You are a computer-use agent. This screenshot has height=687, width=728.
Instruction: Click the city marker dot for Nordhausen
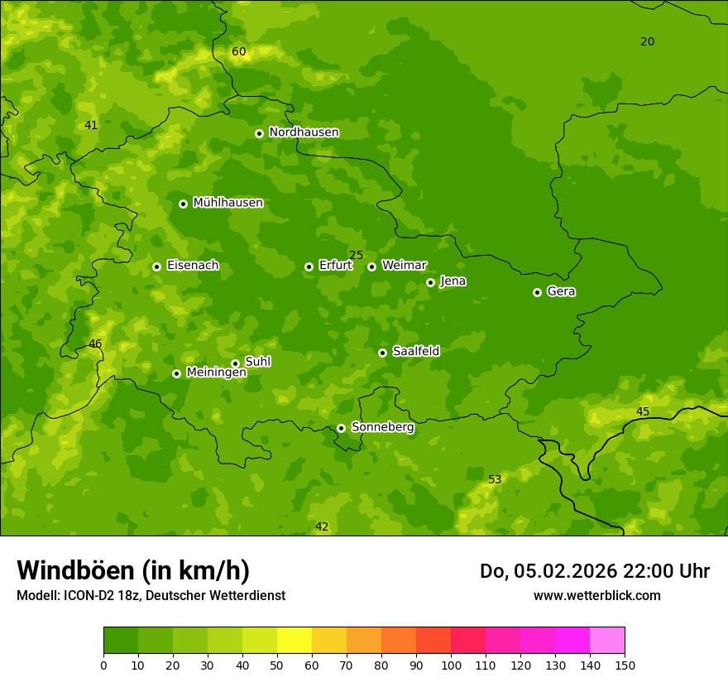(x=259, y=133)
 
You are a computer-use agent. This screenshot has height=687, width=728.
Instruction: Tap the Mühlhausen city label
(x=227, y=203)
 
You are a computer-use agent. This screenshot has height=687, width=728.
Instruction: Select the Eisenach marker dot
(x=156, y=267)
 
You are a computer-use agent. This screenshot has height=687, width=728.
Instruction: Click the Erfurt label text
(x=335, y=266)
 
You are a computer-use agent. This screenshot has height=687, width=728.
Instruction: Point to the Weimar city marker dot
(x=371, y=267)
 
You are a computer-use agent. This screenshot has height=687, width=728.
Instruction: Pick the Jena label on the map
(x=453, y=281)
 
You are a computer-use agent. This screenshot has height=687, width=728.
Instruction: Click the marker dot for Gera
(x=537, y=292)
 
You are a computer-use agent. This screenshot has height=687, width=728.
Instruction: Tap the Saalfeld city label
(x=415, y=352)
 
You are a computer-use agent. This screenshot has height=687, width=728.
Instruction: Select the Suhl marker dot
(x=235, y=363)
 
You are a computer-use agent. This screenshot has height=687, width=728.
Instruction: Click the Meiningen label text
(x=216, y=372)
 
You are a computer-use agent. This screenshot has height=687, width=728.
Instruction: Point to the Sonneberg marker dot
(x=341, y=428)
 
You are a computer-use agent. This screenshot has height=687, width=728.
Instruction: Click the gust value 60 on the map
(x=239, y=52)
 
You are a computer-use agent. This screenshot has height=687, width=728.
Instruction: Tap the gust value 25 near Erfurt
(x=356, y=256)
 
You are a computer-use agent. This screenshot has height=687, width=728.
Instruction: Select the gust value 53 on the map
(x=495, y=480)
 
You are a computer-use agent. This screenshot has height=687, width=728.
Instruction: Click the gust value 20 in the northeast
(x=647, y=42)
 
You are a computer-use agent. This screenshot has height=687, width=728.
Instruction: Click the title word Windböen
(x=74, y=571)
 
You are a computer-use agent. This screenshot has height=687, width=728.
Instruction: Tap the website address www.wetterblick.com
(x=596, y=595)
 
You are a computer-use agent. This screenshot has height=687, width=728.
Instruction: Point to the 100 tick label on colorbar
(x=451, y=665)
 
